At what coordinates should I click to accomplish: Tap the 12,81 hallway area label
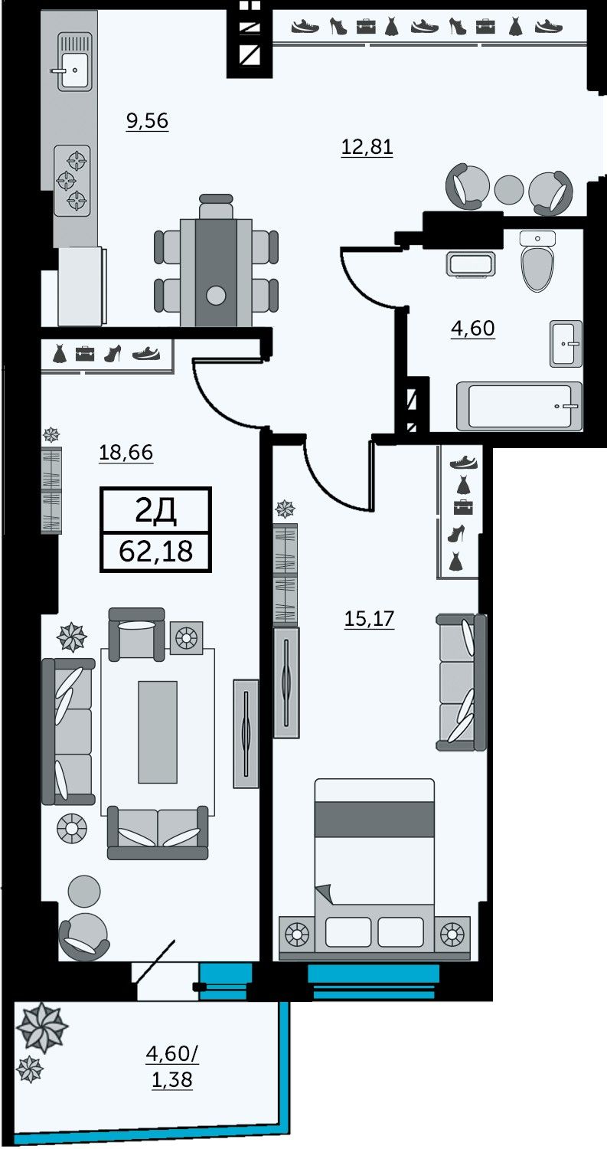[x=367, y=147]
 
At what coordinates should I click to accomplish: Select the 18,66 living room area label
[x=126, y=453]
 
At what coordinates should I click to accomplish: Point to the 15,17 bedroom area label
[x=369, y=618]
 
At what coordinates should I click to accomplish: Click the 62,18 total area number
[x=156, y=552]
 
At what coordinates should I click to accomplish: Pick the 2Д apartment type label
[x=156, y=510]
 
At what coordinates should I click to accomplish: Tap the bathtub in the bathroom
[x=519, y=406]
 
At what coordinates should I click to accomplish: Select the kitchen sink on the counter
[x=74, y=61]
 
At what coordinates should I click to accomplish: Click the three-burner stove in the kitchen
[x=72, y=181]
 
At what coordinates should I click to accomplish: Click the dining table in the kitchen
[x=216, y=273]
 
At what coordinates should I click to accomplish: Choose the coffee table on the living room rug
[x=158, y=732]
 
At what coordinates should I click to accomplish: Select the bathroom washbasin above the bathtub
[x=566, y=344]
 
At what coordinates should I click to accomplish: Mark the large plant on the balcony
[x=41, y=1026]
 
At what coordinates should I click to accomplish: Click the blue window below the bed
[x=374, y=980]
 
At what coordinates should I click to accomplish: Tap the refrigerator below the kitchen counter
[x=82, y=286]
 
